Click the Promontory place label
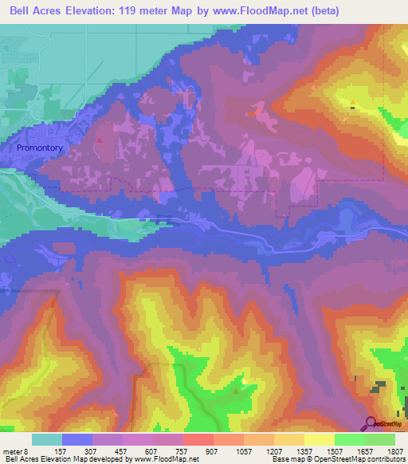click(x=40, y=148)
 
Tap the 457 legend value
click(x=122, y=450)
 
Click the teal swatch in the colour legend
click(x=46, y=439)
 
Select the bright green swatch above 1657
click(x=349, y=439)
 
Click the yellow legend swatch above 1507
click(x=319, y=439)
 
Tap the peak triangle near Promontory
click(x=99, y=140)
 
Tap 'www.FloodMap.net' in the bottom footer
click(x=166, y=459)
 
